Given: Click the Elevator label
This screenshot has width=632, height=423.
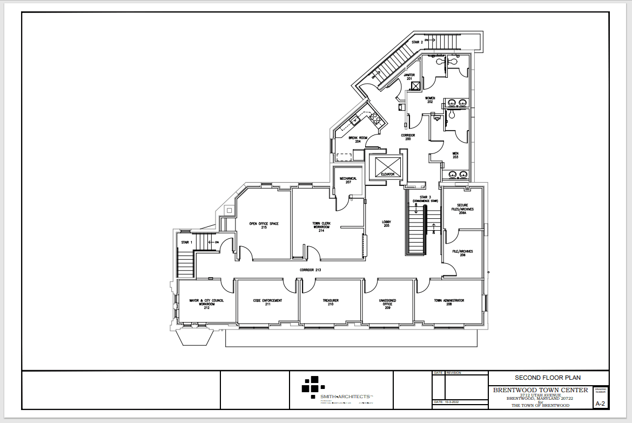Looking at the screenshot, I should click(x=387, y=174).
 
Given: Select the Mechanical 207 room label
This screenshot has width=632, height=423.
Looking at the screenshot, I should click(x=348, y=180).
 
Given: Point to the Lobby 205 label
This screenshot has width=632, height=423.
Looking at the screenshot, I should click(x=387, y=224).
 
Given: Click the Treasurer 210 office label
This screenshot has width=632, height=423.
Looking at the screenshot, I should click(x=331, y=303).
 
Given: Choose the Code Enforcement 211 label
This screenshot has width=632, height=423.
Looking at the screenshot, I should click(x=267, y=303).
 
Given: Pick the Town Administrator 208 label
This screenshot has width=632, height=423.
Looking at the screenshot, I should click(x=449, y=303).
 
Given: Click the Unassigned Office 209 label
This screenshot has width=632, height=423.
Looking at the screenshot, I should click(x=387, y=303).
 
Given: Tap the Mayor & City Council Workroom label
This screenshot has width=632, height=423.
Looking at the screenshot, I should click(x=207, y=303).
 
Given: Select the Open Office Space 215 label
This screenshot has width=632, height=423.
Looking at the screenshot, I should click(x=264, y=225).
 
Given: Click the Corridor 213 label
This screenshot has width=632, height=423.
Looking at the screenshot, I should click(x=311, y=269).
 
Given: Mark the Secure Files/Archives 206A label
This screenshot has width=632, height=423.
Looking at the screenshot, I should click(x=462, y=209).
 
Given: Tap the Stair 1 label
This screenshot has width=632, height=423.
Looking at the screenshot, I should click(x=187, y=243).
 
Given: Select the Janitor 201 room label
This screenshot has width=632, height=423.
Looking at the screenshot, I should click(x=409, y=77).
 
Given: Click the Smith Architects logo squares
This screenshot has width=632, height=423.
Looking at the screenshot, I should click(x=312, y=385).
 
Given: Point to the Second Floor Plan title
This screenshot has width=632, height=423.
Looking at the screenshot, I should click(x=548, y=378).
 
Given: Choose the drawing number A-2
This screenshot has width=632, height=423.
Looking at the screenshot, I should click(x=600, y=404).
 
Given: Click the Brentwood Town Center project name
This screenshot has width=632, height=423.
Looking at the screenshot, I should click(x=540, y=390).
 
